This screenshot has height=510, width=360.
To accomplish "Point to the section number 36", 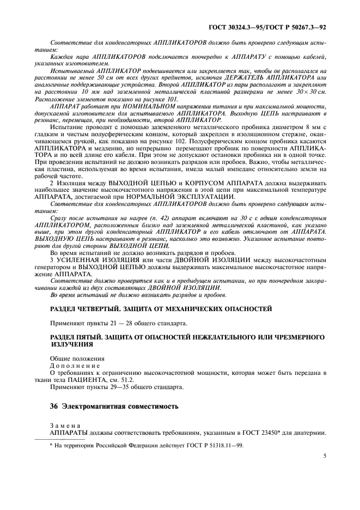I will [x=53, y=406].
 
